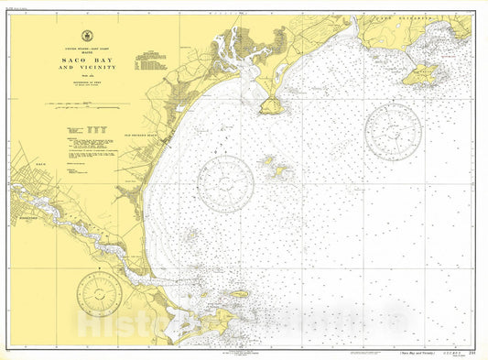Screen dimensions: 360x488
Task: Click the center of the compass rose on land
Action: tap(99, 293)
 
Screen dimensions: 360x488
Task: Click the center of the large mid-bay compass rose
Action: tap(224, 181)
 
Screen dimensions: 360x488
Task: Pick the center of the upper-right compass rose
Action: tap(393, 131)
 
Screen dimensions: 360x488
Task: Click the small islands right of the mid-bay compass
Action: tap(276, 168)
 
